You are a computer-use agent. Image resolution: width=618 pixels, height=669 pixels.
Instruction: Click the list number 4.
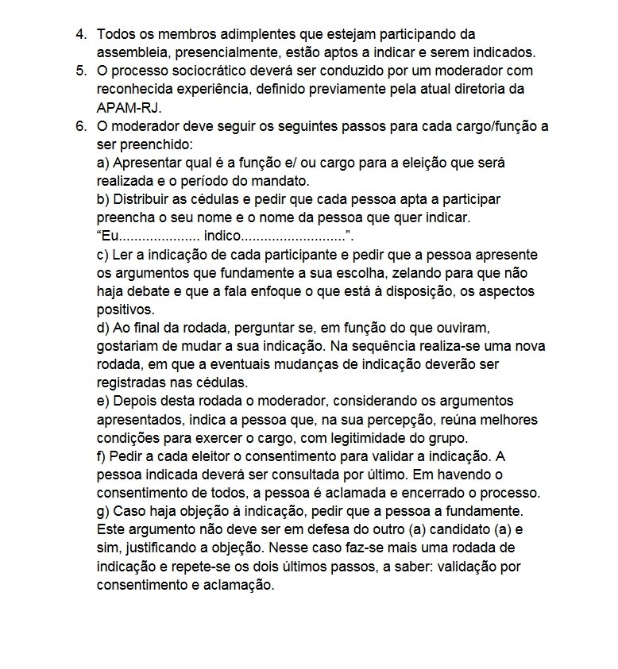coord(81,35)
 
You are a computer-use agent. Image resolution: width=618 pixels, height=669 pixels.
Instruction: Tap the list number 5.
coord(81,71)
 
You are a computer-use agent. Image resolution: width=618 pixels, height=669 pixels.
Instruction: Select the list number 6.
coord(81,126)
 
